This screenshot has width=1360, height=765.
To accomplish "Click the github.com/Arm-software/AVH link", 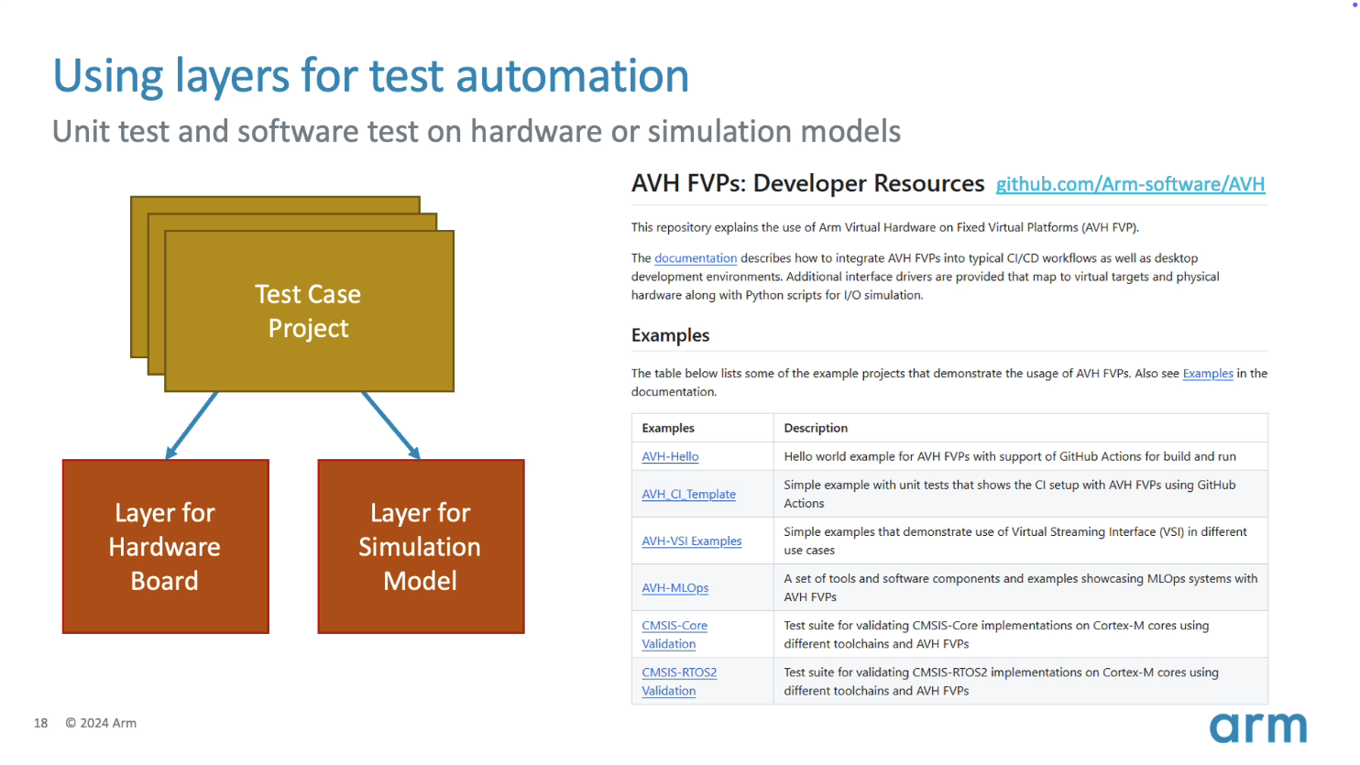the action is [x=1130, y=184].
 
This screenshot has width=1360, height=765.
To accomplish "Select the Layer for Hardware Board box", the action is [x=166, y=546].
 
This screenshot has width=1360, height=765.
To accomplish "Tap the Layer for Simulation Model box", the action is [x=421, y=546].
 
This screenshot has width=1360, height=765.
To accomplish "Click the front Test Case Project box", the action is [x=309, y=311].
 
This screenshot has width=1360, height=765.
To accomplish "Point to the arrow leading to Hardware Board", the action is [x=192, y=426].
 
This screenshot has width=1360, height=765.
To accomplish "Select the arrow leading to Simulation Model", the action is [x=391, y=426].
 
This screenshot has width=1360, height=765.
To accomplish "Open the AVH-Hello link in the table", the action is [x=670, y=456].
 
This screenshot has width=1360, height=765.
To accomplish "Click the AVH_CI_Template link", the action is [x=688, y=494].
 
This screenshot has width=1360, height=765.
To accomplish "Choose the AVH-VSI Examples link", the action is [x=692, y=541].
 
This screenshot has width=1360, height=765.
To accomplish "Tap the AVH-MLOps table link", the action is [x=675, y=587].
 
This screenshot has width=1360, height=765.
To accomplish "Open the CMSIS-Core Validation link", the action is [x=674, y=635].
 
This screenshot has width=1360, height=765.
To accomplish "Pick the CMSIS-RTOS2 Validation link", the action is [x=679, y=682].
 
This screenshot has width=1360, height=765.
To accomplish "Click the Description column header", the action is [x=816, y=428].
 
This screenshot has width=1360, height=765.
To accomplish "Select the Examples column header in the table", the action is [x=668, y=428].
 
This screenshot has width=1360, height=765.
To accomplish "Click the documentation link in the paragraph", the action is [x=696, y=258].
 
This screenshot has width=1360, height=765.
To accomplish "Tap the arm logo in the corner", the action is [x=1257, y=727].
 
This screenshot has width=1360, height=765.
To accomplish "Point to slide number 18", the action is [x=40, y=723].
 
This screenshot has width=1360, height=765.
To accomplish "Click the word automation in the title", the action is [x=572, y=75].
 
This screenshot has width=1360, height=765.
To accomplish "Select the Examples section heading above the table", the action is [x=670, y=335].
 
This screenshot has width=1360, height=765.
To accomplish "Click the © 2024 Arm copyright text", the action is [x=101, y=723].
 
